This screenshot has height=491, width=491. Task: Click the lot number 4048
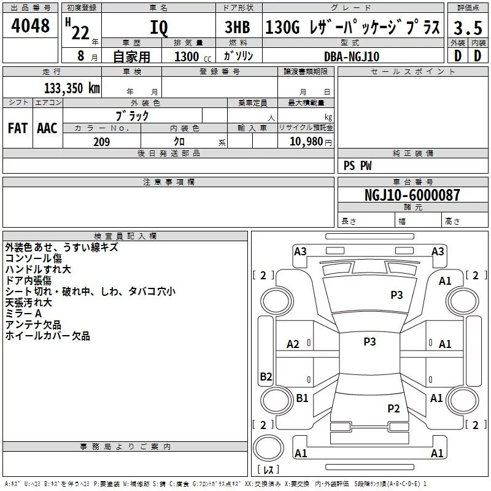click(x=30, y=25)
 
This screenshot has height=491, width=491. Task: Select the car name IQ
click(x=159, y=28)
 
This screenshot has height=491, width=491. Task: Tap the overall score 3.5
click(x=468, y=28)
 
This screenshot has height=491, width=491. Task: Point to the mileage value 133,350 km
click(x=72, y=88)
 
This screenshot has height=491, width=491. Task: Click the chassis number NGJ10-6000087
click(x=412, y=195)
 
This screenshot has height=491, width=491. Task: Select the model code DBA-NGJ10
click(x=352, y=56)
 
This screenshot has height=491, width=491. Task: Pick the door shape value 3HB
click(x=238, y=27)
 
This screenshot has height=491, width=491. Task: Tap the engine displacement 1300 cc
click(x=193, y=56)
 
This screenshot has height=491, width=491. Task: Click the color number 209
click(x=101, y=142)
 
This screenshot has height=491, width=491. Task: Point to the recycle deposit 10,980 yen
click(x=311, y=142)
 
